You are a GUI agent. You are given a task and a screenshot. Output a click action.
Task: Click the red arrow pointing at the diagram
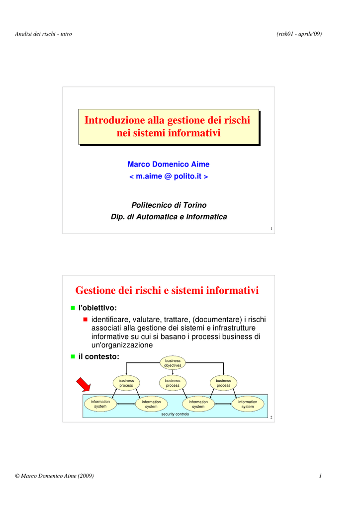pyautogui.click(x=84, y=385)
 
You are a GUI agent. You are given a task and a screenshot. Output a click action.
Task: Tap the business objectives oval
pyautogui.click(x=173, y=363)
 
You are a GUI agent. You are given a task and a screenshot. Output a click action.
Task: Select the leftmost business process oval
pyautogui.click(x=126, y=383)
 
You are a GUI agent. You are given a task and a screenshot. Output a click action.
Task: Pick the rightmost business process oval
pyautogui.click(x=223, y=383)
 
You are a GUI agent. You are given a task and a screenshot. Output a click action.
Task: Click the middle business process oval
pyautogui.click(x=173, y=383)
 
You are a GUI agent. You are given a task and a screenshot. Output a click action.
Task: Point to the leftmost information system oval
pyautogui.click(x=100, y=404)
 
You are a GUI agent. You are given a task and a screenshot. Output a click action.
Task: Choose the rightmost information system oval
pyautogui.click(x=248, y=404)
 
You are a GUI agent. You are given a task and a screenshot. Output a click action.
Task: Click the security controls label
pyautogui.click(x=175, y=414)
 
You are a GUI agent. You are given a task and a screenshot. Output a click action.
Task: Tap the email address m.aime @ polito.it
pyautogui.click(x=169, y=176)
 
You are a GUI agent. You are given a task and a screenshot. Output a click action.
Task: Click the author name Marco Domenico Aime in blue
pyautogui.click(x=169, y=164)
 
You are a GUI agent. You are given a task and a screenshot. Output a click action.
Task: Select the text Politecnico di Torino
pyautogui.click(x=169, y=205)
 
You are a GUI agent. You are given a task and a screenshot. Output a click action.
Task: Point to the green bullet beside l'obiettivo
pyautogui.click(x=73, y=308)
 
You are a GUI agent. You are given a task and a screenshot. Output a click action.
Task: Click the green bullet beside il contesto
pyautogui.click(x=73, y=356)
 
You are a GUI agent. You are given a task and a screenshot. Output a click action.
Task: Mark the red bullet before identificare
pyautogui.click(x=86, y=320)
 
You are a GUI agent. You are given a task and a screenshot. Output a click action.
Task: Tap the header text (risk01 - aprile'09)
pyautogui.click(x=299, y=34)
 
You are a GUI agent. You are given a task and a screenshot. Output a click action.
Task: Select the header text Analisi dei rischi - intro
pyautogui.click(x=43, y=34)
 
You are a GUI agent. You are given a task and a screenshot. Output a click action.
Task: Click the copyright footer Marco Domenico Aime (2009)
pyautogui.click(x=55, y=476)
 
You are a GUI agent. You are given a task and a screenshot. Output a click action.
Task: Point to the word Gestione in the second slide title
pyautogui.click(x=95, y=290)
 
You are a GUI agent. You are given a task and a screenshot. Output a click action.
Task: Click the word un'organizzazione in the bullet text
pyautogui.click(x=122, y=345)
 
